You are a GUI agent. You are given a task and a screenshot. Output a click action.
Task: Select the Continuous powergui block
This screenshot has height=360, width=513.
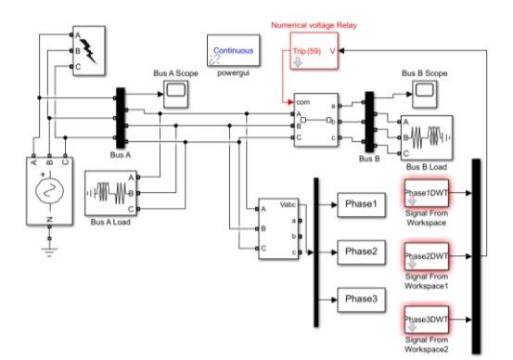tap(234, 54)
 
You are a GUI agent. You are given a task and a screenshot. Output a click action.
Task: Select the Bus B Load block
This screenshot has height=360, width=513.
tap(426, 136)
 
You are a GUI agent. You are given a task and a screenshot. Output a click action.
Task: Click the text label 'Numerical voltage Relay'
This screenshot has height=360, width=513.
tap(313, 27)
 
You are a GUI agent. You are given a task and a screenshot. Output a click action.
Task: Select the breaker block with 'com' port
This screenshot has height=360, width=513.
tap(314, 120)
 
